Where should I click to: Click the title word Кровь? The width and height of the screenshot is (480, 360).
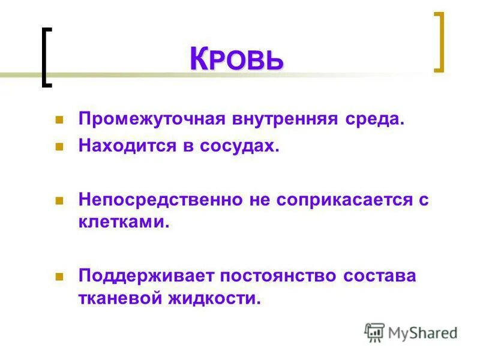236,59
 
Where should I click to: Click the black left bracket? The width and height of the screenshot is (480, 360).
47,58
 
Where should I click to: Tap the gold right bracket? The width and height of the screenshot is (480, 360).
439,42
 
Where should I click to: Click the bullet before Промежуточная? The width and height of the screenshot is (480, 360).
59,119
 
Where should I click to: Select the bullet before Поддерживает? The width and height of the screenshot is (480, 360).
59,276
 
